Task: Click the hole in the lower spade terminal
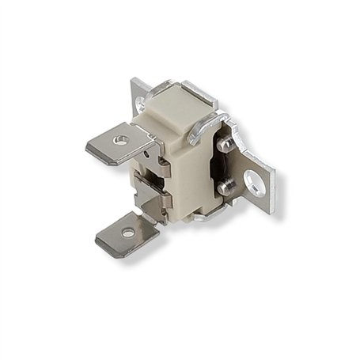(127, 233)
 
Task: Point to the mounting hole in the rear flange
(143, 101)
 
